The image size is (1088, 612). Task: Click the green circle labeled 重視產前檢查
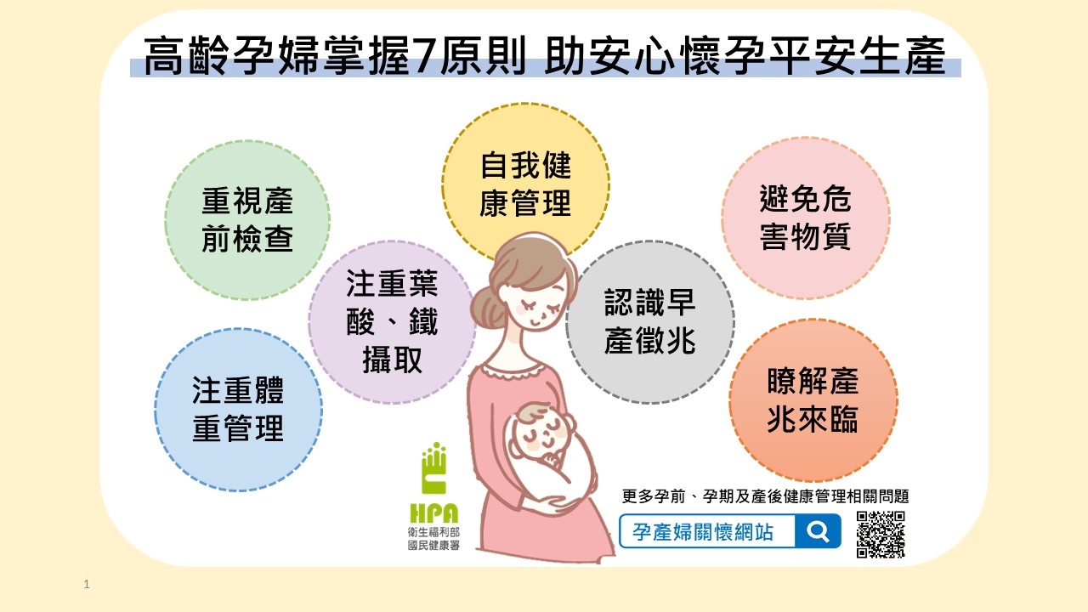click(x=247, y=220)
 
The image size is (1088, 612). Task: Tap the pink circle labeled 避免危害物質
click(x=806, y=218)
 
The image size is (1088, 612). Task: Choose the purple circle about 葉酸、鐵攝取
click(x=392, y=322)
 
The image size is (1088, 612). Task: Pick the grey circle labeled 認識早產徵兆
click(x=650, y=322)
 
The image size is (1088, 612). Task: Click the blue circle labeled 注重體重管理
click(x=238, y=410)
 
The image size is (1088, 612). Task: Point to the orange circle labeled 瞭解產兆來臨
click(x=813, y=400)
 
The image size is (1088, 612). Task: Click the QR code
click(x=881, y=535)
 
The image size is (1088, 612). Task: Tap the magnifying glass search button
click(x=818, y=531)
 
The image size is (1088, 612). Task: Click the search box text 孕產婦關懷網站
click(x=702, y=532)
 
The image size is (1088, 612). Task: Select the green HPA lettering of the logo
click(x=433, y=513)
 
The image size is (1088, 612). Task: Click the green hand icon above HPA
click(x=433, y=467)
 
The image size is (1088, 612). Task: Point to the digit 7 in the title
click(x=424, y=55)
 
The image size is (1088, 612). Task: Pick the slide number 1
click(x=87, y=584)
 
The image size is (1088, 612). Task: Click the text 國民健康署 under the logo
click(x=433, y=546)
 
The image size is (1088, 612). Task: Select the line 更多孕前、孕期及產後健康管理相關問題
click(x=765, y=496)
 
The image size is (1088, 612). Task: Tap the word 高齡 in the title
click(x=186, y=55)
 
